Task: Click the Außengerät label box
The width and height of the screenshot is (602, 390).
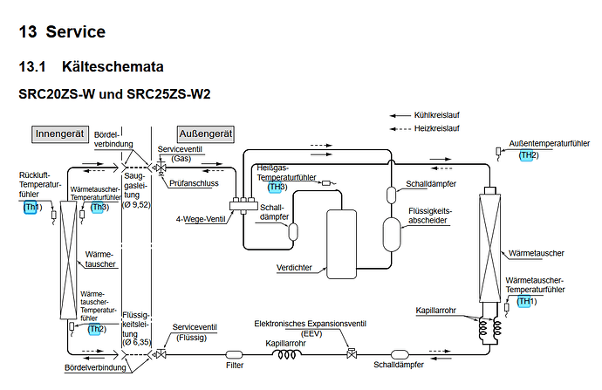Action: [x=205, y=134]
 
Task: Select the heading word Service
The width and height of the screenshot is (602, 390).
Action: [x=76, y=32]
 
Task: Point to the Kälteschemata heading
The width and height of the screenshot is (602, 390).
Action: [x=113, y=66]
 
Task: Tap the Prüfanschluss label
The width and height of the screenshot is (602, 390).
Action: [x=194, y=184]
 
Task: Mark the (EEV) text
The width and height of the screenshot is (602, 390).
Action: [x=311, y=332]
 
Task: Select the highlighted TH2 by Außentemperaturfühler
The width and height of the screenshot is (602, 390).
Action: [x=529, y=154]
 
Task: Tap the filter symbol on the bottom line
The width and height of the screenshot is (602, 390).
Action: [x=234, y=354]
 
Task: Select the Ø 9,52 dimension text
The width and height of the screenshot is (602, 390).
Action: [x=138, y=204]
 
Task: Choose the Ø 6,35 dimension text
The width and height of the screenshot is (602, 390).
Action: [x=138, y=340]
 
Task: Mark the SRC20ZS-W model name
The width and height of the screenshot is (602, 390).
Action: [x=62, y=92]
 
